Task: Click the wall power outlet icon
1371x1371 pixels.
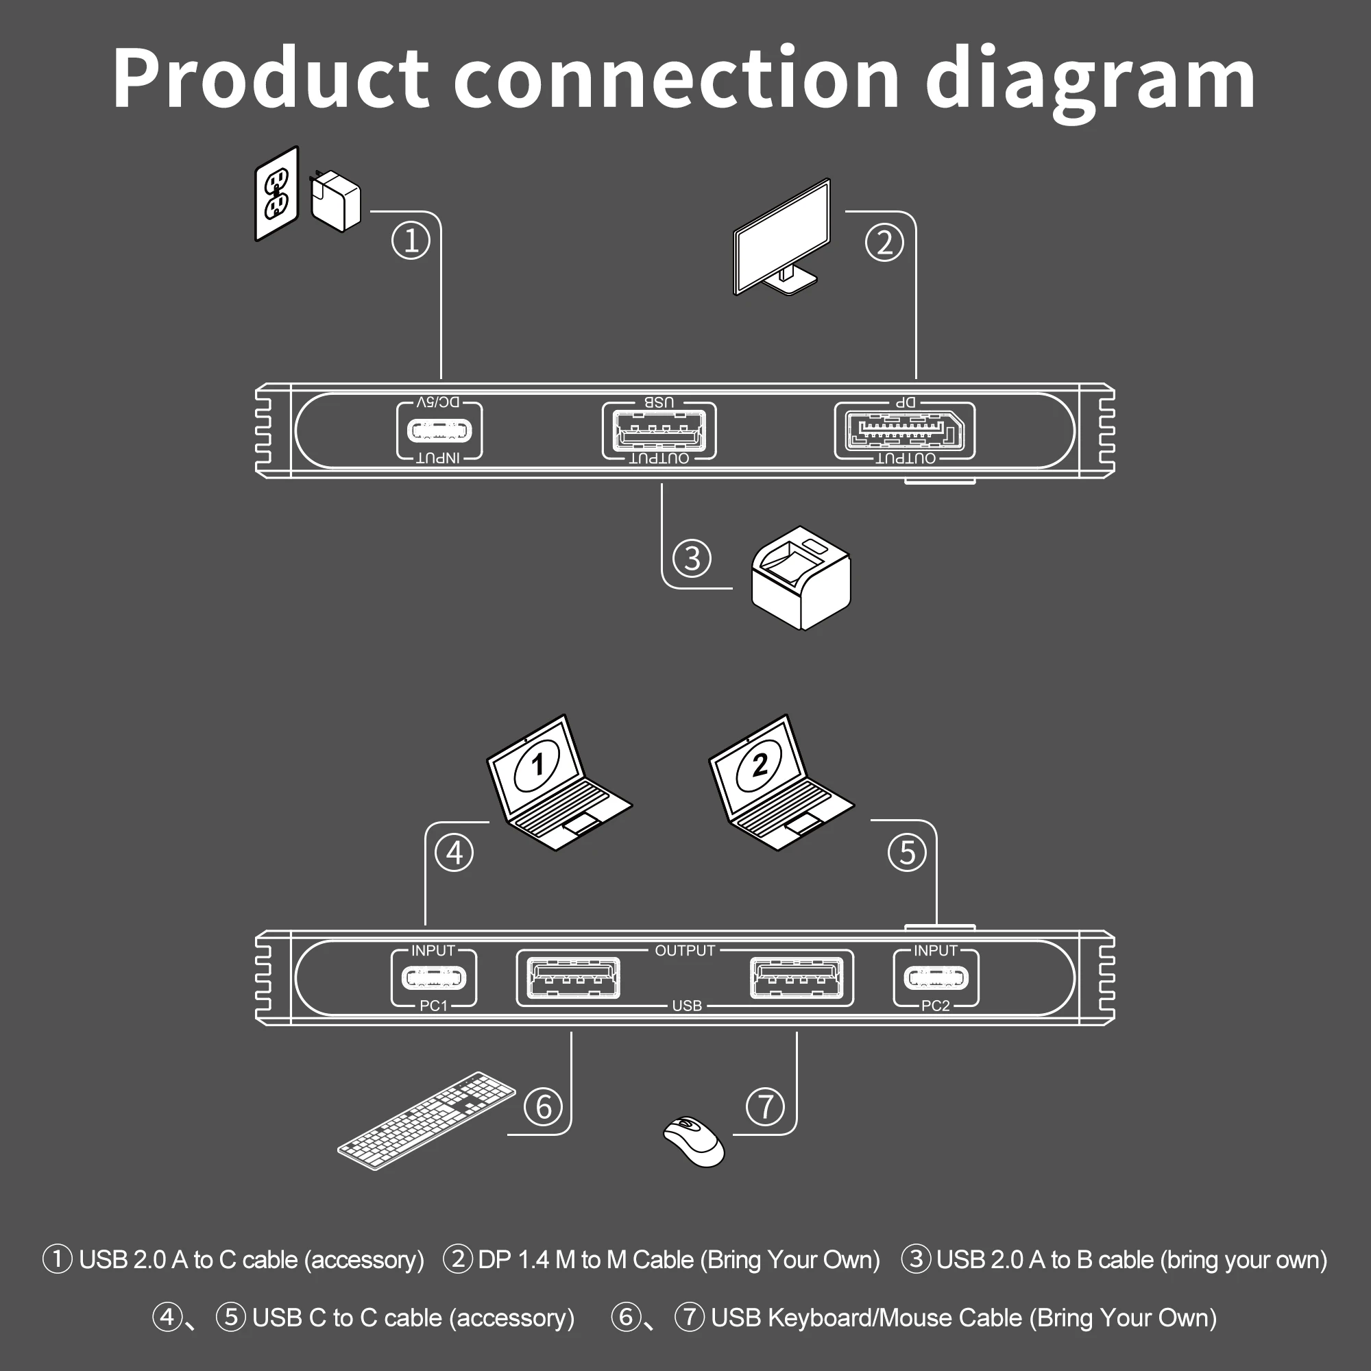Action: (x=277, y=194)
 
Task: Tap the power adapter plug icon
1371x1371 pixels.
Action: (x=336, y=202)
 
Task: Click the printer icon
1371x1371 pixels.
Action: (x=801, y=578)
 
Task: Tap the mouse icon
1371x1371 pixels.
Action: (x=693, y=1141)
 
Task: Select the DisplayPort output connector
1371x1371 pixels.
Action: (x=905, y=430)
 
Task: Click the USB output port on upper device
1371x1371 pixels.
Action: (x=659, y=430)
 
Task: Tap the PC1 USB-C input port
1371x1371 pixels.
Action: (x=434, y=979)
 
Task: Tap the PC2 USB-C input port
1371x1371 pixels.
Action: (x=935, y=979)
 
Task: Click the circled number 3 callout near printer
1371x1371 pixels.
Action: (x=692, y=558)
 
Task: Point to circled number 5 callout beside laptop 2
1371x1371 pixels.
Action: (x=907, y=852)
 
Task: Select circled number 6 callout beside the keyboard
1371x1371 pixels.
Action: (x=544, y=1106)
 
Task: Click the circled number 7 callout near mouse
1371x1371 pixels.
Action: (x=765, y=1106)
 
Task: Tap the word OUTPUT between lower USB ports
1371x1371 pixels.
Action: (x=685, y=951)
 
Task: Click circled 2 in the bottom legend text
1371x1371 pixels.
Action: (x=458, y=1259)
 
